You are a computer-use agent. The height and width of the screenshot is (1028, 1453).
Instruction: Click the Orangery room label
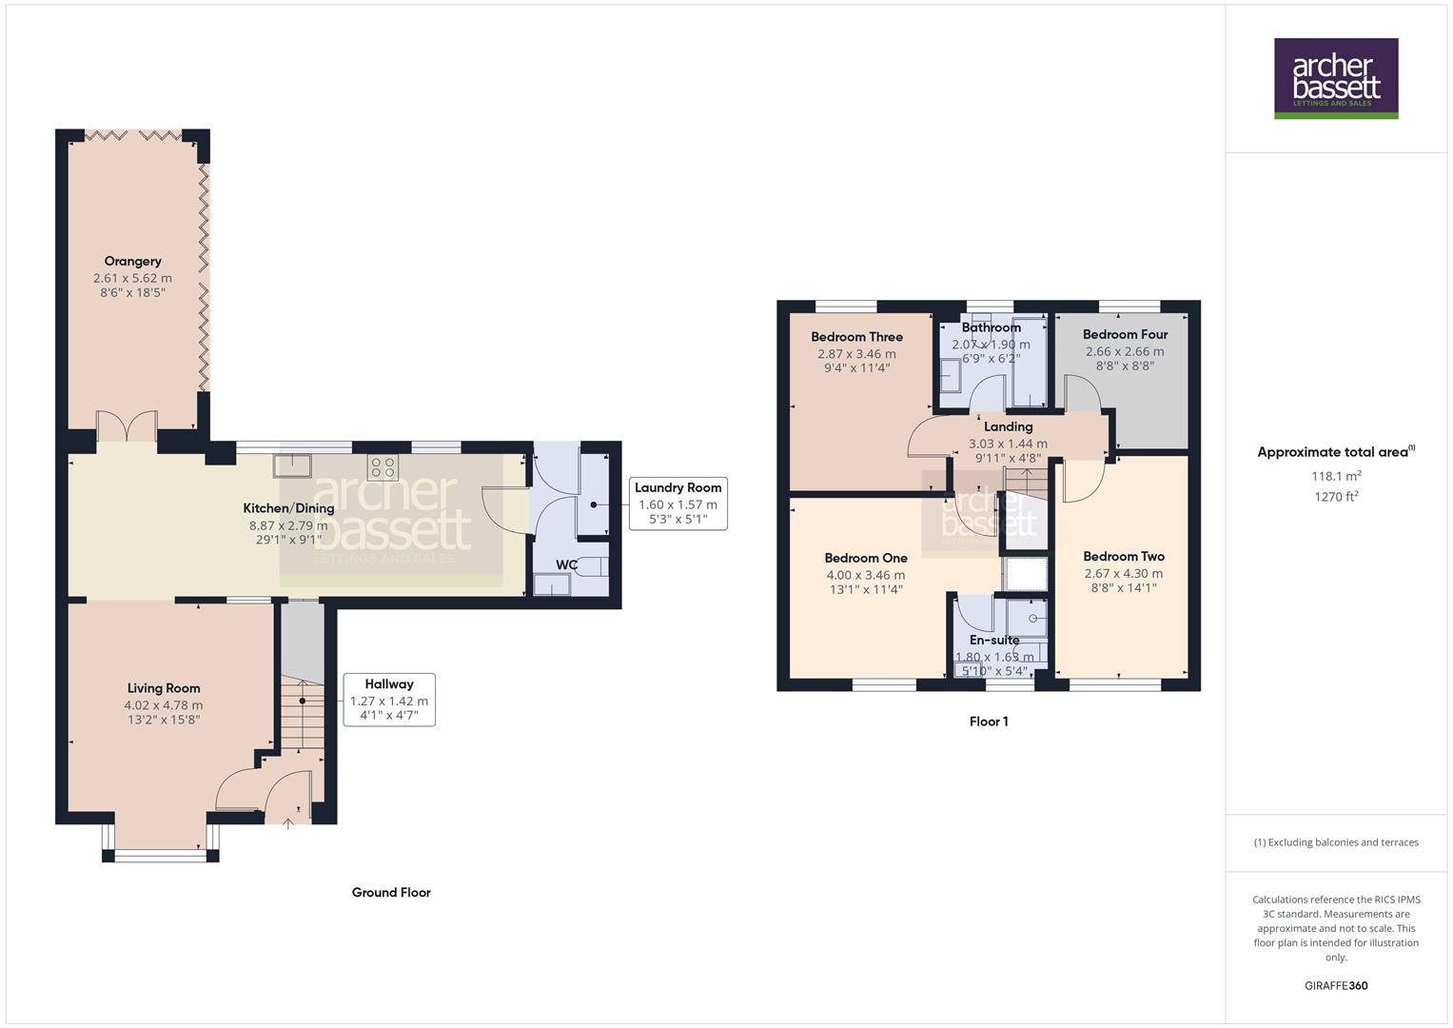[x=132, y=261]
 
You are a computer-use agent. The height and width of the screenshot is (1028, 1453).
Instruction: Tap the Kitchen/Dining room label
[x=288, y=508]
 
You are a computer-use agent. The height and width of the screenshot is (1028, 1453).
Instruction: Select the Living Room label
[x=164, y=688]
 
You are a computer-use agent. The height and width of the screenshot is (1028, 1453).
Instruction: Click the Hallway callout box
[x=389, y=700]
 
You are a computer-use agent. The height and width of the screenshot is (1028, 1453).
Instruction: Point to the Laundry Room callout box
[x=677, y=504]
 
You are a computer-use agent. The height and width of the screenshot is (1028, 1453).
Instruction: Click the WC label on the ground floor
[x=566, y=564]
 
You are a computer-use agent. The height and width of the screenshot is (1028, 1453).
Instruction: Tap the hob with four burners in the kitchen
[x=383, y=467]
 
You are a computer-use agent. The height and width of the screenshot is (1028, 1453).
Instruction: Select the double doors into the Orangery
[x=127, y=426]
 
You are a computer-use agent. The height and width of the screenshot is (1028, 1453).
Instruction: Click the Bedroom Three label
[x=856, y=337]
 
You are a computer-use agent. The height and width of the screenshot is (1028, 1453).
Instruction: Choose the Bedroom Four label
[x=1125, y=334]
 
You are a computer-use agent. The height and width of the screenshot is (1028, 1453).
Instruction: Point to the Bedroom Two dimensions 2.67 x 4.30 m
[x=1124, y=573]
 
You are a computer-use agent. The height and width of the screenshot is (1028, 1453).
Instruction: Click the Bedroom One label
[x=866, y=558]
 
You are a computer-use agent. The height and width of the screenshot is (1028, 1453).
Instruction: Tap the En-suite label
[x=994, y=641]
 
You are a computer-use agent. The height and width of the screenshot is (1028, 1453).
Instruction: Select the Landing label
[x=1008, y=427]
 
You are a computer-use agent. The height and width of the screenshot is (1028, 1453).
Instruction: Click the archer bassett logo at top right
[x=1336, y=78]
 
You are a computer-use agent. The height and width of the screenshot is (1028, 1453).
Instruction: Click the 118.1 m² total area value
[x=1336, y=476]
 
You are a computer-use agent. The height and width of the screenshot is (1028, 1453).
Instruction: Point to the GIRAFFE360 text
[x=1336, y=985]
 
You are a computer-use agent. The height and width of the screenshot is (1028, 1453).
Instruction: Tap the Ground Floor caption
[x=391, y=892]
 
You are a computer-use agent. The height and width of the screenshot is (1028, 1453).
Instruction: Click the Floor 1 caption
[x=989, y=722]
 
